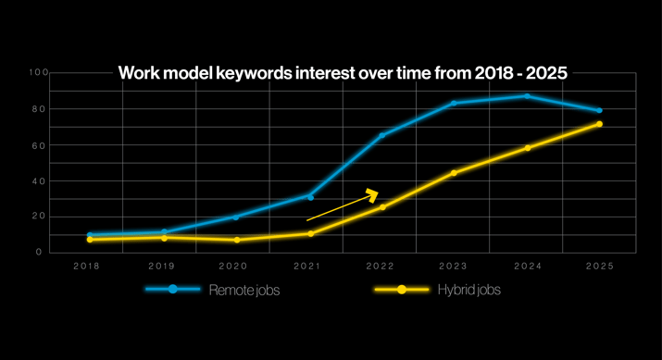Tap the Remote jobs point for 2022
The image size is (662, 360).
(381, 136)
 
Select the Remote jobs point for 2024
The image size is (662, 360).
(527, 95)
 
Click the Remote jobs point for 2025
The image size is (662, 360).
(599, 110)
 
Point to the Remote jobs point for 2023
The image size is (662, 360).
(454, 103)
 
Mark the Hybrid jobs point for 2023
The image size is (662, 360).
(454, 173)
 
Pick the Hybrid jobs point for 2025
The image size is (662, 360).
(599, 124)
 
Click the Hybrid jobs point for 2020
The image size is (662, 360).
(236, 240)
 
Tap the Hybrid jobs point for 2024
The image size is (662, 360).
(527, 148)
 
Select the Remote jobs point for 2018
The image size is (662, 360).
(90, 235)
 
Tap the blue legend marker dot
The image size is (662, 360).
(173, 290)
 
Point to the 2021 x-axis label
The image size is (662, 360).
(307, 266)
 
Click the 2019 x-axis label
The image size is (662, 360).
(162, 266)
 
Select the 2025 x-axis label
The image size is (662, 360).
(599, 266)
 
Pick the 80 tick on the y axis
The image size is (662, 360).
(37, 110)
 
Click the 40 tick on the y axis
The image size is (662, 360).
(37, 181)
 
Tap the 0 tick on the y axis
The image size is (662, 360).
(40, 252)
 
